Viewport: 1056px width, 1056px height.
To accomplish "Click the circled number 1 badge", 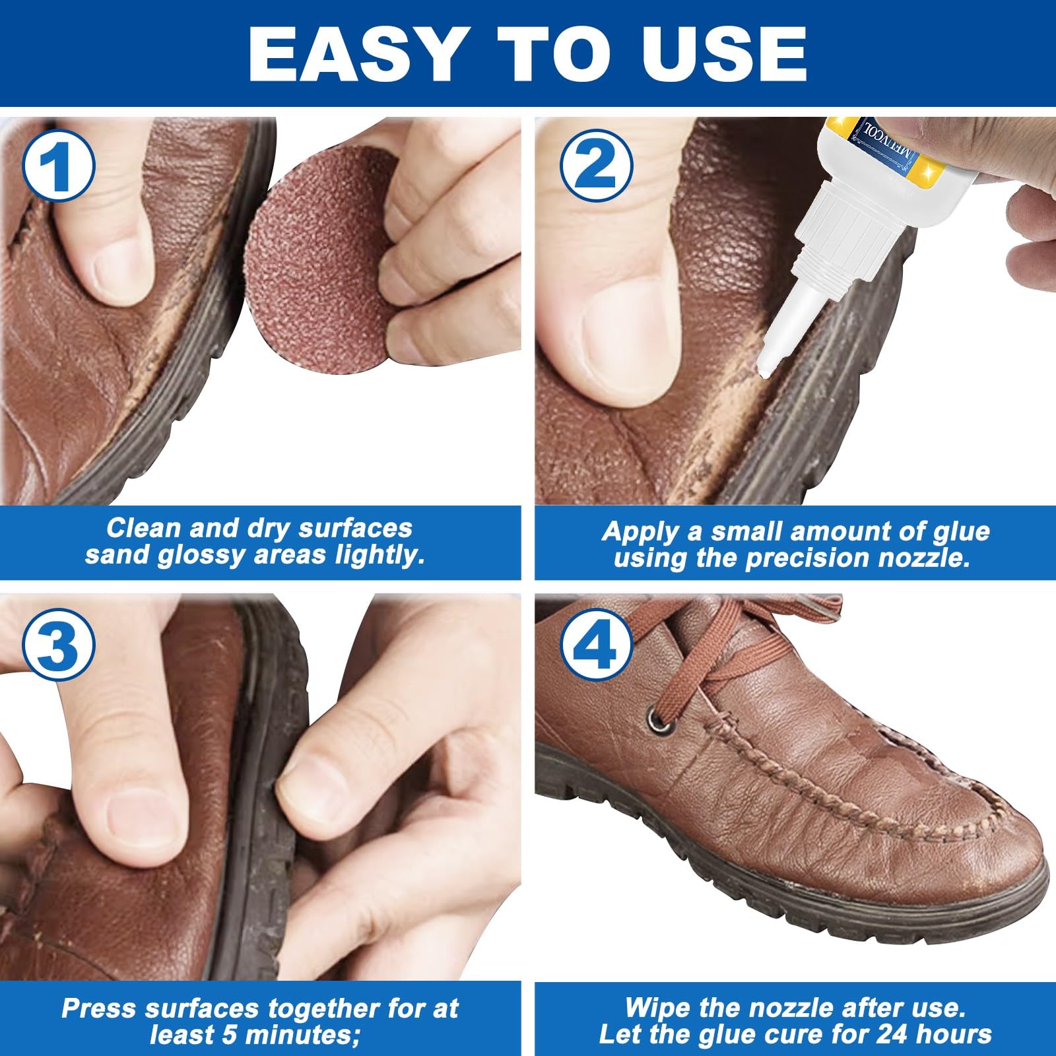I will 59,164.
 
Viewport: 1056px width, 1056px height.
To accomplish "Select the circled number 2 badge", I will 596,164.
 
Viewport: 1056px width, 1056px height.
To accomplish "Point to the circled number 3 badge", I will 59,645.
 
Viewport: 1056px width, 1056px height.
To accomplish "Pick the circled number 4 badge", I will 596,645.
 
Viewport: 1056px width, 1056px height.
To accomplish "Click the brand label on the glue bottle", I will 888,142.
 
